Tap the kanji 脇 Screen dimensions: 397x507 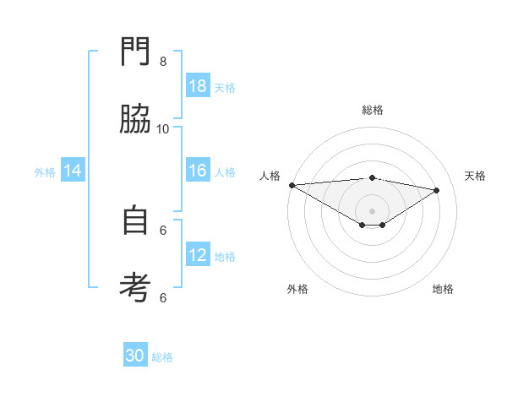(x=136, y=120)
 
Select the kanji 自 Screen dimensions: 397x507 (x=136, y=220)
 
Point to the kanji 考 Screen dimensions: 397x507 (x=136, y=288)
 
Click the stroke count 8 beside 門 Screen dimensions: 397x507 (x=163, y=61)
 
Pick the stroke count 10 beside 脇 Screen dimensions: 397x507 (x=163, y=128)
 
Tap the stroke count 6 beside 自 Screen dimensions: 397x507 (x=163, y=229)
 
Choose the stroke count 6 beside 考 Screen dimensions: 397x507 (x=163, y=296)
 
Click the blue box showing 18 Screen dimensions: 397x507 (x=198, y=86)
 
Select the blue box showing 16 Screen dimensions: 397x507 (x=198, y=171)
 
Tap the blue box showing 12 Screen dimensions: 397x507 (x=198, y=255)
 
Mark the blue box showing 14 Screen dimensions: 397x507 (x=74, y=171)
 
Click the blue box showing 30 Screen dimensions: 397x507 (x=135, y=356)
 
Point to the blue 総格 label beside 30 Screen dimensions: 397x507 (x=162, y=357)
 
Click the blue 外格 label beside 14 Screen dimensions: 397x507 (x=45, y=172)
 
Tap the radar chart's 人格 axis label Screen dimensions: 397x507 (x=270, y=176)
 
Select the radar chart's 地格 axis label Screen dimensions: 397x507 (x=443, y=289)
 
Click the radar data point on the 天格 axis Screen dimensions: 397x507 (x=437, y=190)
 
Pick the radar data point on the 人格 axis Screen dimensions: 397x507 (x=292, y=185)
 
